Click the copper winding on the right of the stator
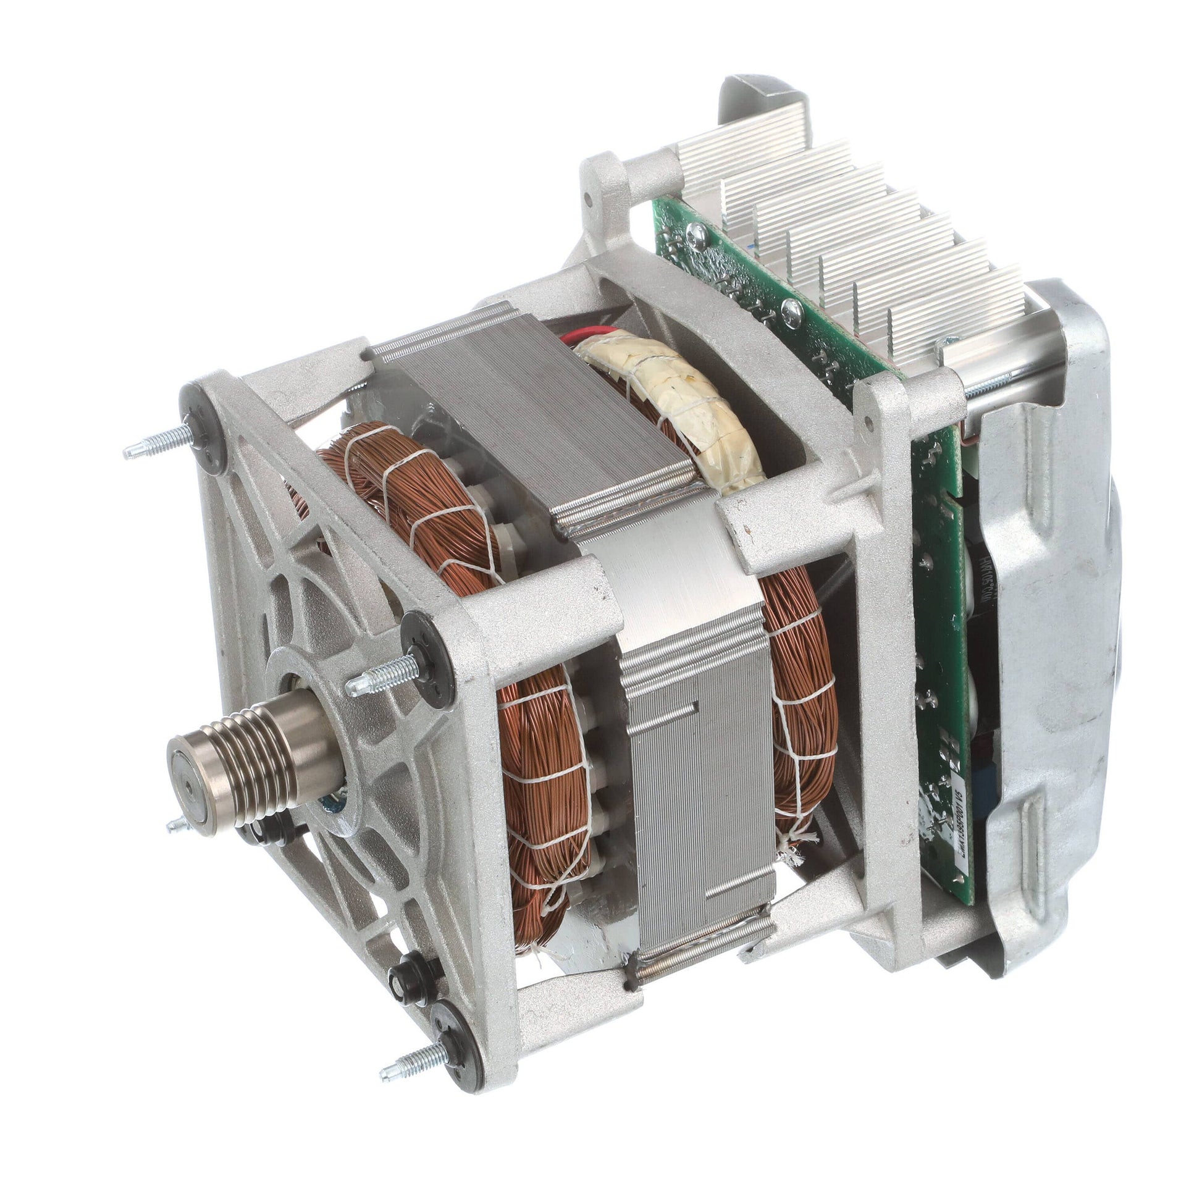[x=802, y=672]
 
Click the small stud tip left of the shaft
[x=177, y=826]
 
